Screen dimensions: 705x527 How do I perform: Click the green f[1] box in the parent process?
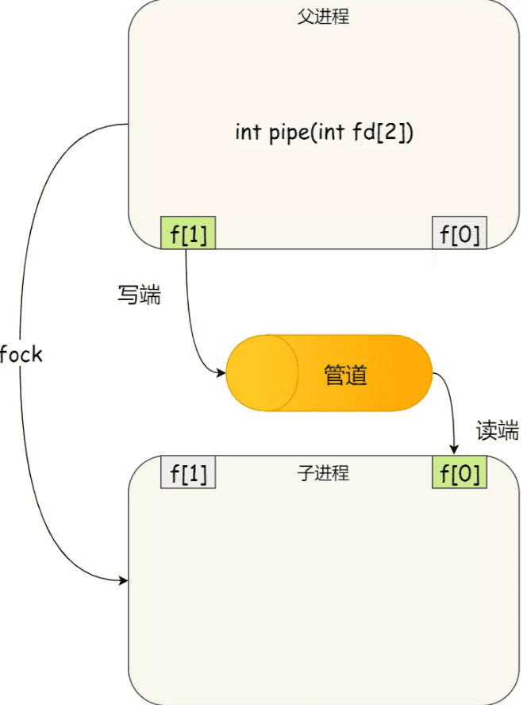[188, 233]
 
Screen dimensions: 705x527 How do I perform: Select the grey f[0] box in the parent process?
[460, 233]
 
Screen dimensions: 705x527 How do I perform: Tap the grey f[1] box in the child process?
[188, 473]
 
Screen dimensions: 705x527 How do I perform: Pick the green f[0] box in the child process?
[460, 473]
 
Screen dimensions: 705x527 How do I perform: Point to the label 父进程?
[323, 17]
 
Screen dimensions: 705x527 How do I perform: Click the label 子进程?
[323, 474]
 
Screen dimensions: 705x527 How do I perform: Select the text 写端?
[139, 295]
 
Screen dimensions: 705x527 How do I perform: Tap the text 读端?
[497, 430]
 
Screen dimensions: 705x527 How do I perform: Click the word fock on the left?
[21, 354]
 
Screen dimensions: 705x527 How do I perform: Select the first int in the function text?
[248, 132]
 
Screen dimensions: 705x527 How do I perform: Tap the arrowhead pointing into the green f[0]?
[455, 452]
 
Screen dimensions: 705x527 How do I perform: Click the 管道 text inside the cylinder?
[346, 375]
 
